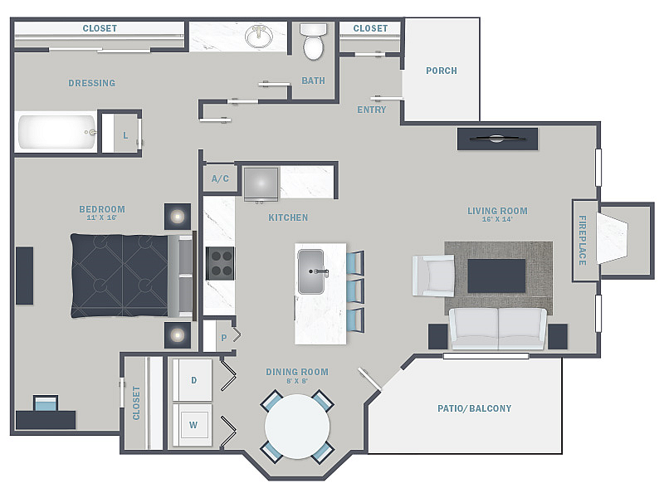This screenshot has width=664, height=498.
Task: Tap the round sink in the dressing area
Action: [259, 37]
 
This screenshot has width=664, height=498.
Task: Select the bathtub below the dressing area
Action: [56, 132]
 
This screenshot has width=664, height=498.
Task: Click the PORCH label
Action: [442, 71]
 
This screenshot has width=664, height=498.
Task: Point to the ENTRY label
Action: [371, 110]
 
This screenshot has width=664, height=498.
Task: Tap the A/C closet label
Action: [220, 178]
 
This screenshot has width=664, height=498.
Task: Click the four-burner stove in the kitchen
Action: [220, 263]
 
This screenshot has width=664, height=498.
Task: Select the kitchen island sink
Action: [311, 271]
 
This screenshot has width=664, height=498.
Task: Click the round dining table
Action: [297, 427]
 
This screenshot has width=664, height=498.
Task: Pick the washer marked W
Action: [193, 425]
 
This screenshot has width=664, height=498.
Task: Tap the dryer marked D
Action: [193, 380]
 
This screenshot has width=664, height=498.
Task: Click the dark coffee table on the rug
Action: [496, 276]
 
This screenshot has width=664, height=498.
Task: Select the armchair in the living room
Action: [433, 276]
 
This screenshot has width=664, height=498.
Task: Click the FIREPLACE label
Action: [583, 240]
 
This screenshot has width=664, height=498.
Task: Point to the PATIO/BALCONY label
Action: [474, 408]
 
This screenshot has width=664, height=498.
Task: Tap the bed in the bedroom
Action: [132, 276]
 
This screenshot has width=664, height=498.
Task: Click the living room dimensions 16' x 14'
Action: [497, 219]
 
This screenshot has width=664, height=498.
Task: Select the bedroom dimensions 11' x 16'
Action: [101, 217]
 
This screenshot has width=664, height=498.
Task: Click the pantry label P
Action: [224, 338]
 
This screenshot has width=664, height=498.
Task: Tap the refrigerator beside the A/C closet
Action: [261, 183]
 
